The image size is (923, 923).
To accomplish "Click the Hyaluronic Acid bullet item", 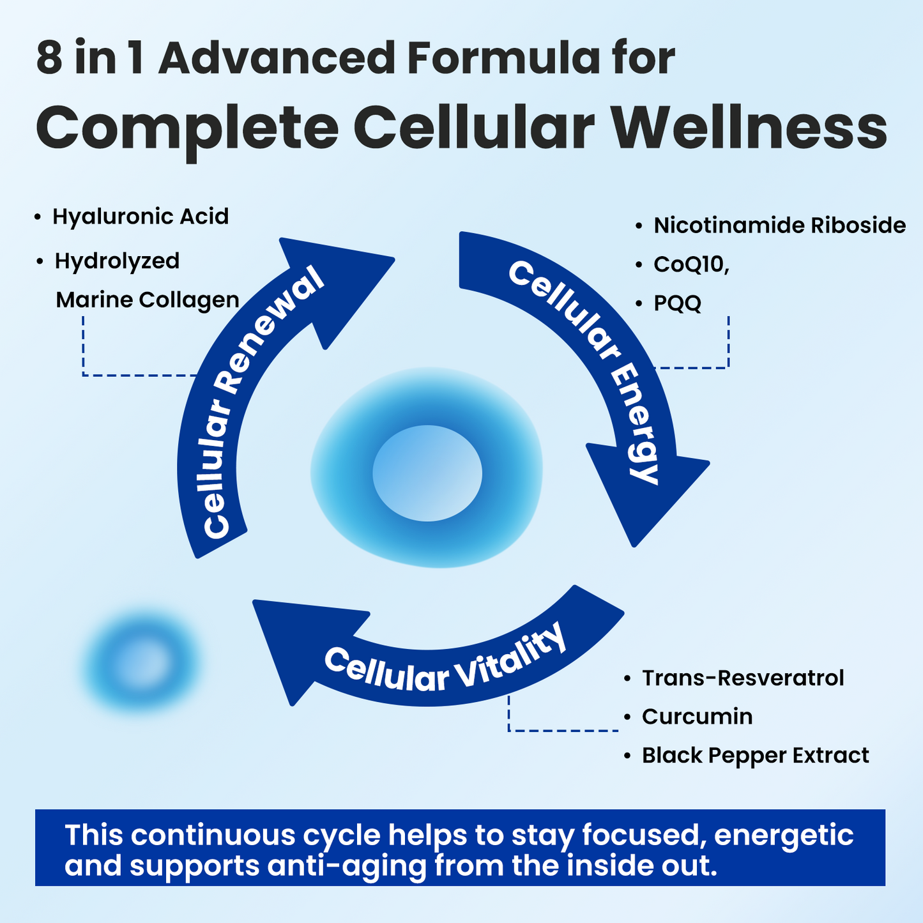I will (x=140, y=217).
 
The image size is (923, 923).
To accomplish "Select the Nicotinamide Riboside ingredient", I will (x=779, y=225).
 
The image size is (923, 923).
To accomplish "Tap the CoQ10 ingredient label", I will (x=690, y=264).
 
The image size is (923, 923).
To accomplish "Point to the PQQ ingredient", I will (x=677, y=303).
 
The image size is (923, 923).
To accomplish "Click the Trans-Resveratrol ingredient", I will (x=742, y=678).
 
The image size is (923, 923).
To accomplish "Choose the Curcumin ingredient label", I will (x=697, y=717).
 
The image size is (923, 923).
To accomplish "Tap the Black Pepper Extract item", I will (x=755, y=756).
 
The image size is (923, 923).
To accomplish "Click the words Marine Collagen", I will (x=148, y=300).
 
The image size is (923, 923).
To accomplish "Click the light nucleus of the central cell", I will (x=427, y=473).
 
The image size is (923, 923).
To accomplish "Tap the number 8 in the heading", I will (x=49, y=59).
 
